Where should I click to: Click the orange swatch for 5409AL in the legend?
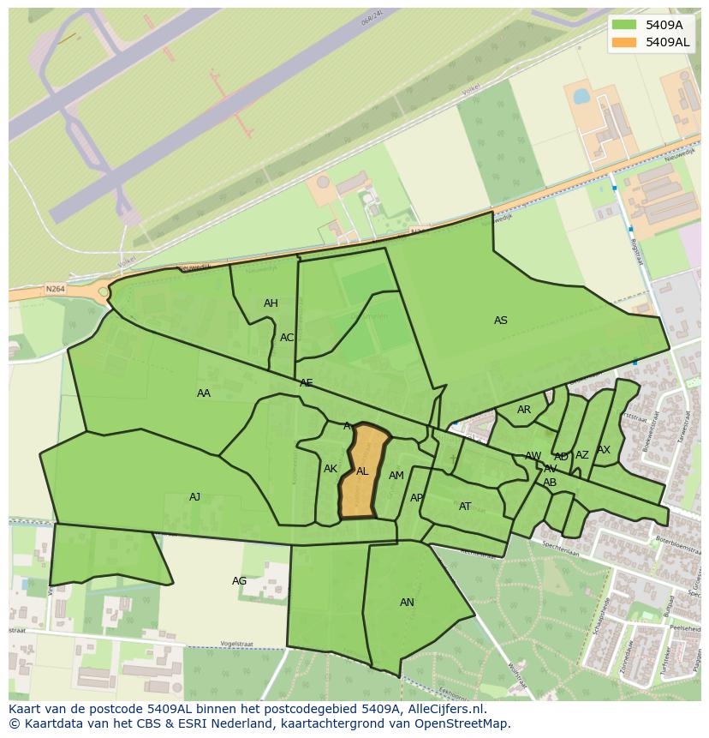624,42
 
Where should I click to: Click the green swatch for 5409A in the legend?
624,25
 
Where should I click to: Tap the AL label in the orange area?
362,471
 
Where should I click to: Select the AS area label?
501,321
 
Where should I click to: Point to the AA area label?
204,393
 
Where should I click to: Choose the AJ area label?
195,497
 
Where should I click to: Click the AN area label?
407,603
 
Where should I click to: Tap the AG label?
240,581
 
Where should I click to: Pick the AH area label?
271,303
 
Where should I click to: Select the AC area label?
287,338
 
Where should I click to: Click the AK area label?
331,469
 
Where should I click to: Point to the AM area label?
396,476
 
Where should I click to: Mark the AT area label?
465,507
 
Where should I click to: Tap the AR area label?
524,410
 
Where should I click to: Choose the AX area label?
604,450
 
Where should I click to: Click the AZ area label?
582,455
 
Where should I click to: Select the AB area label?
550,483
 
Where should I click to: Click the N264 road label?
56,290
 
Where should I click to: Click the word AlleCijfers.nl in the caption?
446,709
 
